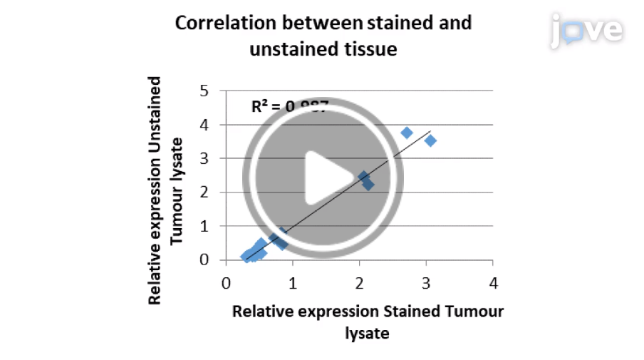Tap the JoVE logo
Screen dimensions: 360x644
point(587,30)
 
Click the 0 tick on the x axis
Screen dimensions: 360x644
point(225,284)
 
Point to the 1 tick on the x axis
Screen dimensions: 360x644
point(292,284)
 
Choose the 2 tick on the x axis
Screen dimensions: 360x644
point(359,284)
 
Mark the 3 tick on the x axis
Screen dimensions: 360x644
point(426,284)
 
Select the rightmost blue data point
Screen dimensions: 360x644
point(430,140)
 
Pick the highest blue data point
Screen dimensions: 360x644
point(407,133)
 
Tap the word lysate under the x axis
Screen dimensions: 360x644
point(367,333)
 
